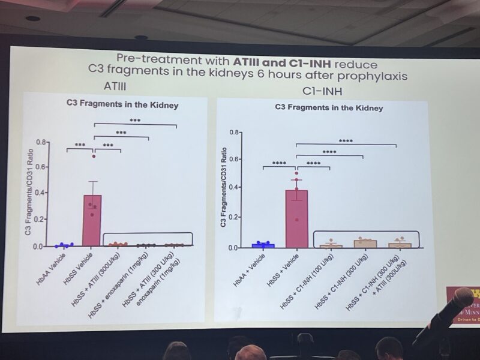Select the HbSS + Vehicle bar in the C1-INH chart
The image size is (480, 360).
tap(296, 219)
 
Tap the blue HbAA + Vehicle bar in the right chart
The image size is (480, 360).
tap(263, 245)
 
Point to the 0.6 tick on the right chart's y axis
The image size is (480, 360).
tap(238, 160)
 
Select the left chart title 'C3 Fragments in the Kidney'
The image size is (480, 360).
tap(122, 106)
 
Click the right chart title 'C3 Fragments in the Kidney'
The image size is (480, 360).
tap(329, 109)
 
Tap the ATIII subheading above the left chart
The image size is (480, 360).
tap(116, 86)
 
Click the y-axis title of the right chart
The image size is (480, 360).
tap(224, 190)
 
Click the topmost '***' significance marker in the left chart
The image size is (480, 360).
tap(135, 120)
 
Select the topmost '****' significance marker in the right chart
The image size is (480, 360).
tap(346, 142)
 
